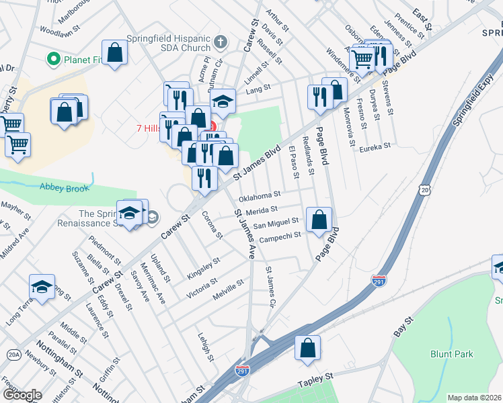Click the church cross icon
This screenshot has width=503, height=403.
(220, 43)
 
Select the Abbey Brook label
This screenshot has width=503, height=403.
(64, 188)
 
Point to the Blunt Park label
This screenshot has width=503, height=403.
(452, 354)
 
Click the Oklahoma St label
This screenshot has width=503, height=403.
(260, 196)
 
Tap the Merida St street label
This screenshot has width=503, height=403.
(262, 211)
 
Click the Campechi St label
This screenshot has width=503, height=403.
(282, 237)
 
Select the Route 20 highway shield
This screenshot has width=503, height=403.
(424, 191)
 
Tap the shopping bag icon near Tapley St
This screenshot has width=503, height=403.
(307, 349)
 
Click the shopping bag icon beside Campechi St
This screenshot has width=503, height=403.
(319, 219)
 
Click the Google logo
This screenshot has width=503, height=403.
(23, 394)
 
